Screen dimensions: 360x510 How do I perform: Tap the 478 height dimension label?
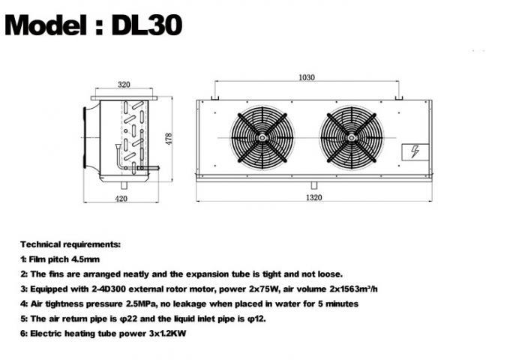[169, 139]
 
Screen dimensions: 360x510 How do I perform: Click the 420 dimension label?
[121, 197]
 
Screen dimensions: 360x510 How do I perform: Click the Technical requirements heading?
[70, 244]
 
